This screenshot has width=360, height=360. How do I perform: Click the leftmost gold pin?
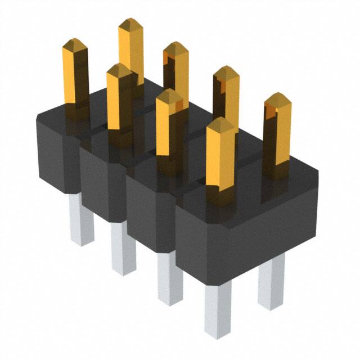point(75,73)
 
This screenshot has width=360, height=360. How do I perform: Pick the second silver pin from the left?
point(123,247)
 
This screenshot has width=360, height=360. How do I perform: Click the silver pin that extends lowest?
point(217,309)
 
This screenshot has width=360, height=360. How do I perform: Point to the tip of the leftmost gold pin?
point(75,43)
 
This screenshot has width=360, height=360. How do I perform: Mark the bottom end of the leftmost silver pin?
point(82,242)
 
